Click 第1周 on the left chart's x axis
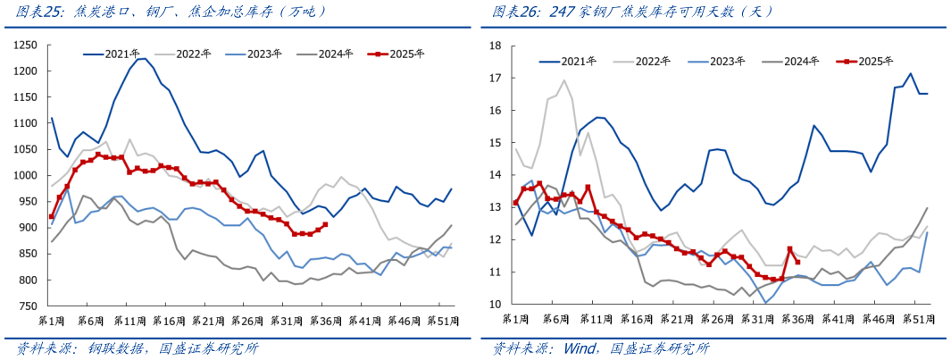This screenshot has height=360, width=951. click(x=53, y=319)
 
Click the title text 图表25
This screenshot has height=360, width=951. click(x=33, y=12)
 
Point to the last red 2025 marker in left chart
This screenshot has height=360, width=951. click(x=324, y=224)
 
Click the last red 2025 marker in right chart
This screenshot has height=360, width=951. click(x=797, y=262)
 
